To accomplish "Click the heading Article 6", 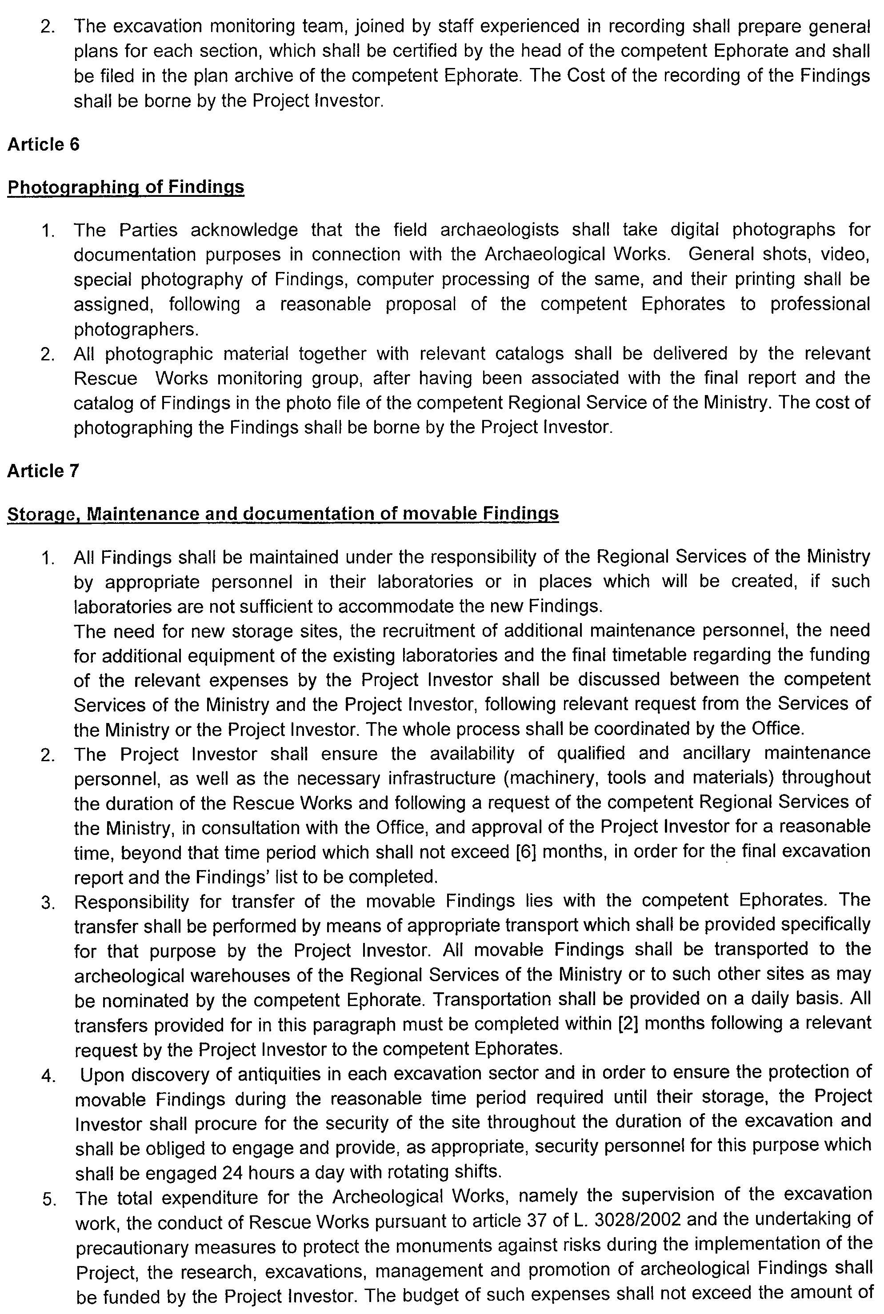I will pyautogui.click(x=44, y=145).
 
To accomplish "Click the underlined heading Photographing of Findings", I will pyautogui.click(x=126, y=187).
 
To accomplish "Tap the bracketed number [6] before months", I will pyautogui.click(x=526, y=852).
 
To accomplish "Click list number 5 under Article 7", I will pyautogui.click(x=48, y=1198).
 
